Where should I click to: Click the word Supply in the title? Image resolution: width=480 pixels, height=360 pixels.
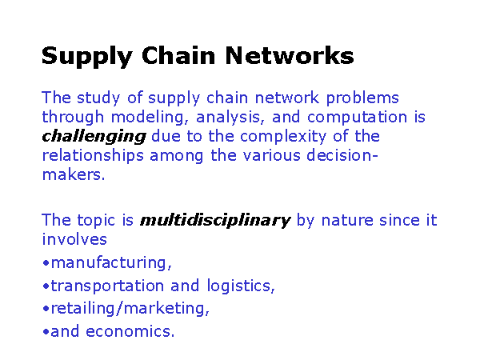[87, 57]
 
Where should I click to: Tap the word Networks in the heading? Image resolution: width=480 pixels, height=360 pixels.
[290, 55]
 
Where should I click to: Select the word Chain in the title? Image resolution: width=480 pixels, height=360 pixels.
[178, 55]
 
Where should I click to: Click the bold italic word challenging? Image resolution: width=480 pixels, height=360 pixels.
[94, 137]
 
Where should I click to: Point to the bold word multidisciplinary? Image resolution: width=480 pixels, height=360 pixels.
[215, 221]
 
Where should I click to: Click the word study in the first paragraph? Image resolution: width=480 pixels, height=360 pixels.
[98, 98]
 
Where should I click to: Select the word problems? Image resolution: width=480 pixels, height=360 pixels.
[362, 98]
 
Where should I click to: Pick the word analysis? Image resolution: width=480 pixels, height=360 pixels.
[230, 118]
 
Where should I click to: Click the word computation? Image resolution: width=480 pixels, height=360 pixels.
[358, 118]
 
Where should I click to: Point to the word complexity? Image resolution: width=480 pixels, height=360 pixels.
[283, 137]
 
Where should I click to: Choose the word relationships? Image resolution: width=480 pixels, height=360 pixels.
[93, 156]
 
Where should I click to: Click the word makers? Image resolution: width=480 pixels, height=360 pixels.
[74, 174]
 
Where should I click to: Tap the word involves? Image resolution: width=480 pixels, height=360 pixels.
[74, 239]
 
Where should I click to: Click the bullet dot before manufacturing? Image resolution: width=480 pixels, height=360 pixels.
[46, 263]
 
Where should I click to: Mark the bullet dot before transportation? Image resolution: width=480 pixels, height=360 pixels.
[46, 286]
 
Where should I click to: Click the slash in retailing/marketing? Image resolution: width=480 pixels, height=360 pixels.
[120, 309]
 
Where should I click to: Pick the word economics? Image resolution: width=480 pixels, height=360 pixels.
[130, 331]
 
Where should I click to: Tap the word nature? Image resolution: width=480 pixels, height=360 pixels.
[347, 221]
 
